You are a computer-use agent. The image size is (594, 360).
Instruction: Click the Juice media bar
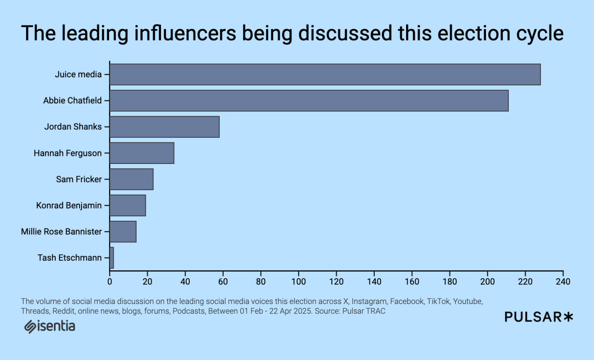click(325, 75)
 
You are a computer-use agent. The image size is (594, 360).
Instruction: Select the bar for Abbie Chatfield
click(309, 101)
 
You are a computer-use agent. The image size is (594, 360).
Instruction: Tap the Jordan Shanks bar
click(164, 127)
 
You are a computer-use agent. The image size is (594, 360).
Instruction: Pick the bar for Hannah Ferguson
click(142, 153)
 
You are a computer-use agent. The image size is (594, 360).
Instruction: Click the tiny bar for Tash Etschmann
click(112, 258)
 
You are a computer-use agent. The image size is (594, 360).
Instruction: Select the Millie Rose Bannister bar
click(123, 232)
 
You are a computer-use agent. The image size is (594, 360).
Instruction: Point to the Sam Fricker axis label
click(79, 179)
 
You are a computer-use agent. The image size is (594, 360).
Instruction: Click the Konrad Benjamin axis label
click(69, 205)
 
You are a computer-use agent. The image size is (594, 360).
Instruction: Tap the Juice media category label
click(78, 75)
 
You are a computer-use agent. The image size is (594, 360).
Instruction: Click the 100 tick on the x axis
click(299, 282)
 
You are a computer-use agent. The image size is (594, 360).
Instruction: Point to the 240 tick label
click(563, 282)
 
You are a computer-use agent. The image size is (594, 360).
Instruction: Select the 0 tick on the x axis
click(110, 282)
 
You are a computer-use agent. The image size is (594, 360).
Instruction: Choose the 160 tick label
click(412, 282)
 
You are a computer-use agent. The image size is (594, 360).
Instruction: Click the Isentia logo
click(50, 326)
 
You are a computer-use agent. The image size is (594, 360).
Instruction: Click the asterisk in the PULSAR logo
click(568, 317)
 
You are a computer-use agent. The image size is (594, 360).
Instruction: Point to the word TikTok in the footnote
click(438, 301)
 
